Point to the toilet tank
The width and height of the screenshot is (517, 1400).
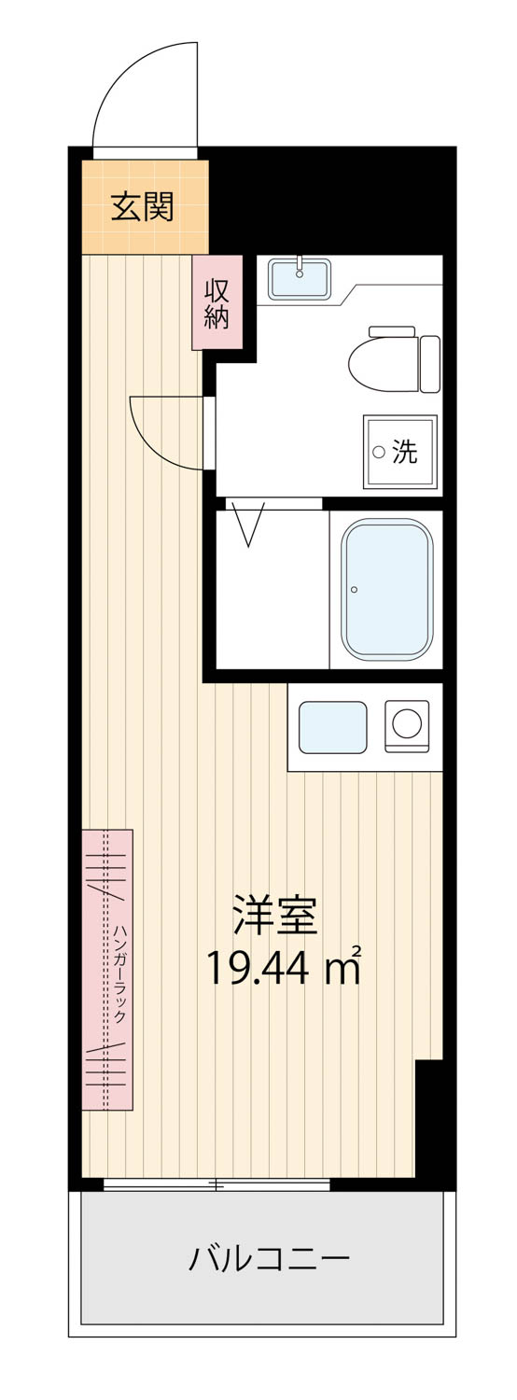click(x=430, y=364)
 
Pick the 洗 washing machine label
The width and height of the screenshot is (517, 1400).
click(x=404, y=451)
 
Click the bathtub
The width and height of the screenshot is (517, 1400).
click(x=387, y=589)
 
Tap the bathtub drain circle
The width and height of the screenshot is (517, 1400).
click(x=355, y=589)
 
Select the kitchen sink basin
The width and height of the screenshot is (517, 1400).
click(x=332, y=727)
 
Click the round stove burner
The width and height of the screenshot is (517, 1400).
click(x=407, y=723)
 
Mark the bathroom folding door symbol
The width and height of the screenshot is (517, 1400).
click(x=249, y=524)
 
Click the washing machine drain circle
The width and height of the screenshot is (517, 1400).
click(x=379, y=451)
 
